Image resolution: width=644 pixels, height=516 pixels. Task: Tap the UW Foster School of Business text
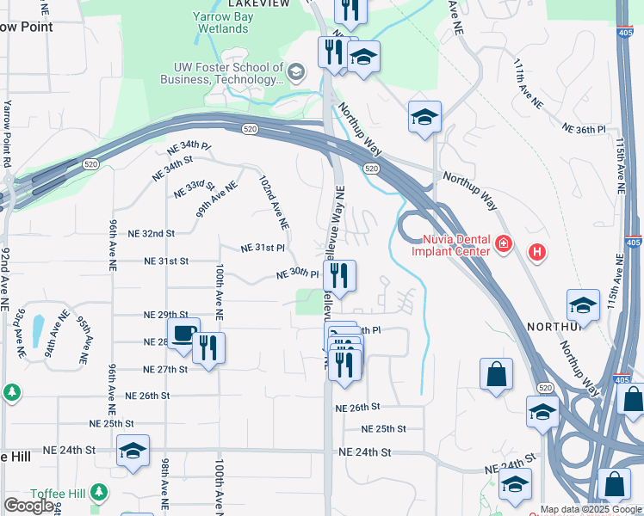(221, 73)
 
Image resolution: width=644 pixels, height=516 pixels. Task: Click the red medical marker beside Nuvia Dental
(505, 246)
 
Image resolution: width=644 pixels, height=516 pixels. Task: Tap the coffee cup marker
(183, 335)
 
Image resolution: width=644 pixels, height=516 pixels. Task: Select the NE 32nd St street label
(151, 233)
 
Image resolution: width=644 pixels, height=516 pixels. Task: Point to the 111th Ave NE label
(528, 83)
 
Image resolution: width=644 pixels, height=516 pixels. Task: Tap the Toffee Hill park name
(55, 493)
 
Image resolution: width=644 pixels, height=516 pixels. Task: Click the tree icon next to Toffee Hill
(101, 492)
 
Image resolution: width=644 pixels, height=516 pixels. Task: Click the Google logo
(28, 506)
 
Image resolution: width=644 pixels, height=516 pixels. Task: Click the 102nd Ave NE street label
(274, 203)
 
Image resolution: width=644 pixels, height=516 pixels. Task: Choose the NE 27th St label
(164, 369)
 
